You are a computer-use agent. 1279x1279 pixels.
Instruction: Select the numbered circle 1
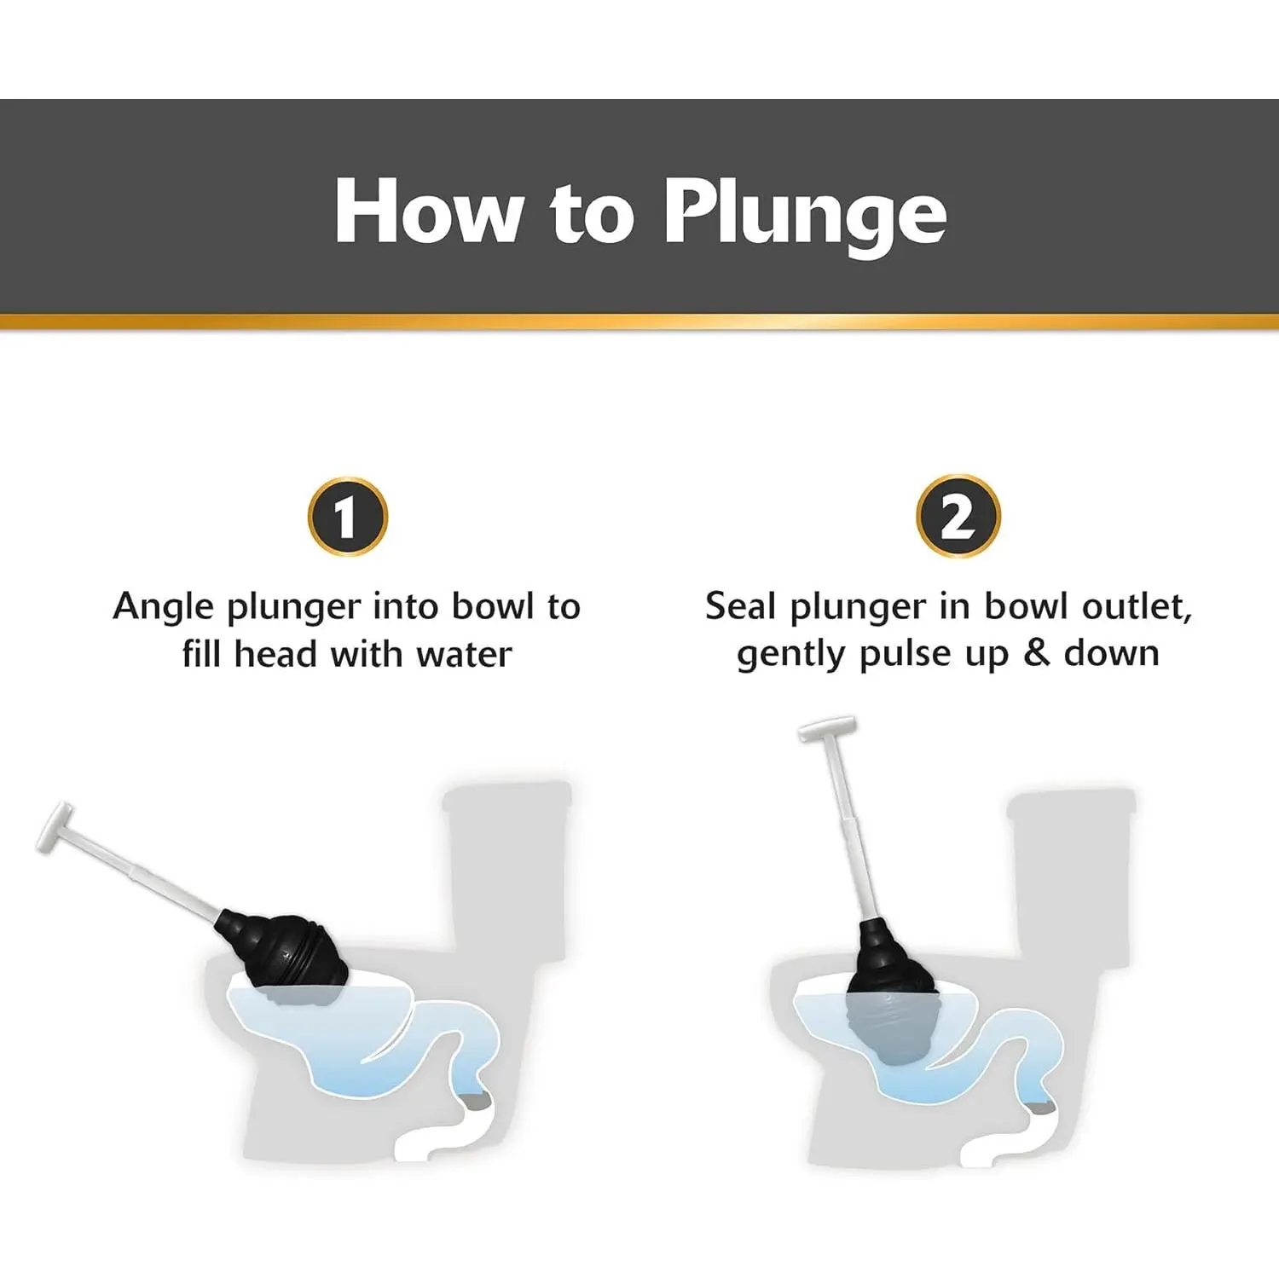348,517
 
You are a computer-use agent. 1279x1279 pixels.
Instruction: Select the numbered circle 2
958,516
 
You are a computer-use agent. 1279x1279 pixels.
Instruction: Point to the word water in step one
465,655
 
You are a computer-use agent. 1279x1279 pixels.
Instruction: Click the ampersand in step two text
1036,653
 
